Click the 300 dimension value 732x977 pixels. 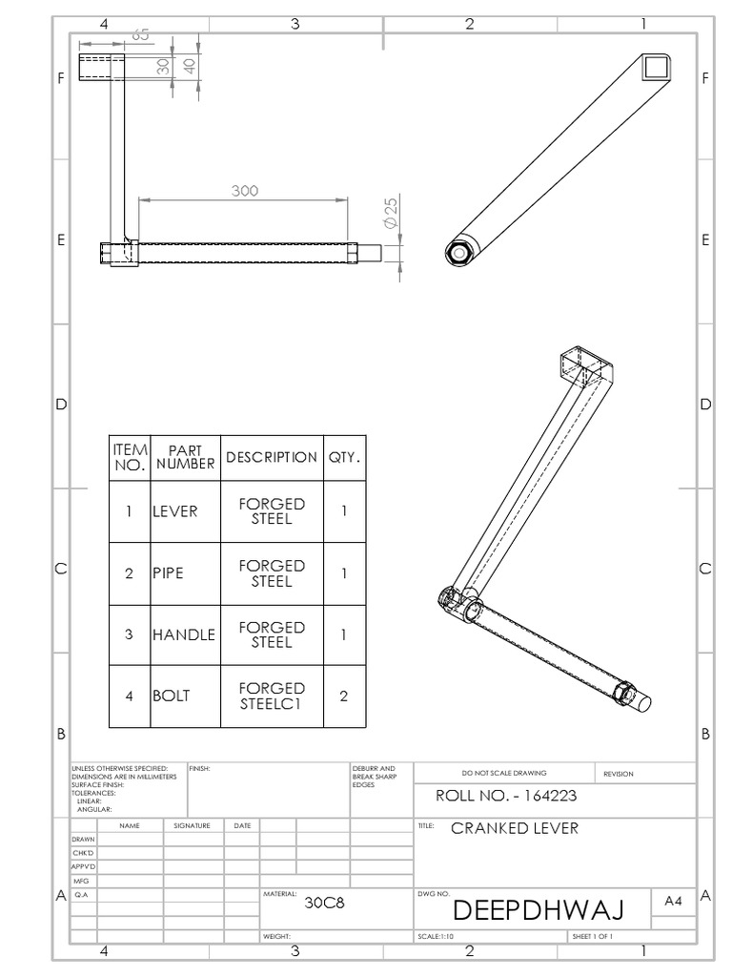(245, 190)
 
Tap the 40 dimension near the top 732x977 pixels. (189, 66)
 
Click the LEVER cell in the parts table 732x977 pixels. (174, 511)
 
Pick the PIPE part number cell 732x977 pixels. (168, 573)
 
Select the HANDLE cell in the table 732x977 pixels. (183, 634)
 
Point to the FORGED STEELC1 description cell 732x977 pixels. (272, 696)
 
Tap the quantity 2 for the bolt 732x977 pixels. (344, 696)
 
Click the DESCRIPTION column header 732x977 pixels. (272, 458)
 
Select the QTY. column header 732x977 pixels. (344, 458)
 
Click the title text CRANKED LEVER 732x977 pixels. (514, 828)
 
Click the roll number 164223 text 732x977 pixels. (505, 795)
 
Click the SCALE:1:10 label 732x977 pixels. (436, 937)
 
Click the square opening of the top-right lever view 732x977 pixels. (656, 68)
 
